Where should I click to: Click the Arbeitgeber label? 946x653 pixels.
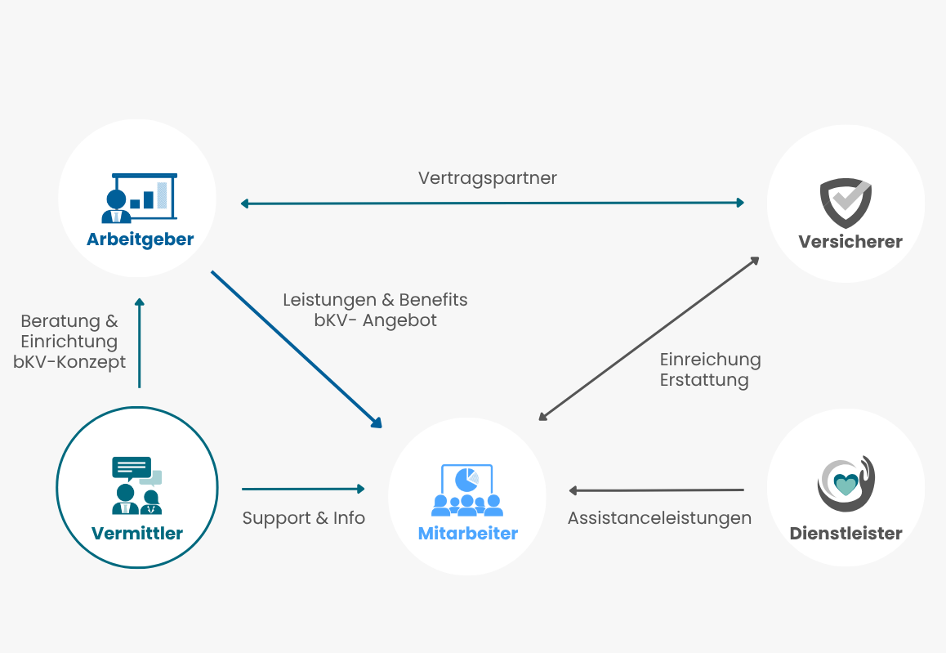tap(140, 239)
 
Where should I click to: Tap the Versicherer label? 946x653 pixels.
tap(850, 241)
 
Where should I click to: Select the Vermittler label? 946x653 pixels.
tap(137, 533)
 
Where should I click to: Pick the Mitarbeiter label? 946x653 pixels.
tap(467, 533)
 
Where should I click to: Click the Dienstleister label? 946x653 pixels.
tap(846, 533)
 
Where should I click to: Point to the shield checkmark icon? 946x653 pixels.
tap(846, 203)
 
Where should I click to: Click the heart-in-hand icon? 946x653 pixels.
tap(846, 483)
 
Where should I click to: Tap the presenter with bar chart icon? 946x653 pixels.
tap(140, 198)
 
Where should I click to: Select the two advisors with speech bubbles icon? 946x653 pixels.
tap(137, 485)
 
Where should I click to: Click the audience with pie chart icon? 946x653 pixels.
tap(467, 490)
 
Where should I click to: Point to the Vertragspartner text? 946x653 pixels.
tap(488, 178)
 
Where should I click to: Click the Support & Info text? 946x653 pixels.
tap(303, 518)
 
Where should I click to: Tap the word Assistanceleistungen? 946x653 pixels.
tap(659, 518)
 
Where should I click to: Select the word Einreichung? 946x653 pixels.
tap(710, 360)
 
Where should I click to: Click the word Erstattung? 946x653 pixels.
tap(704, 380)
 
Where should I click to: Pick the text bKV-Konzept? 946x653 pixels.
tap(69, 362)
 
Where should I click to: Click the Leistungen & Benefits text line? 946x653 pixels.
tap(375, 300)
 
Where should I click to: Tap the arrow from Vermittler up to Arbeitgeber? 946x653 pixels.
tap(140, 342)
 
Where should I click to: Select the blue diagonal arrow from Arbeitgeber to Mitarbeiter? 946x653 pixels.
tap(297, 350)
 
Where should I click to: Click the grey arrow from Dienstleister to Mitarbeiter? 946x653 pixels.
tap(657, 490)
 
